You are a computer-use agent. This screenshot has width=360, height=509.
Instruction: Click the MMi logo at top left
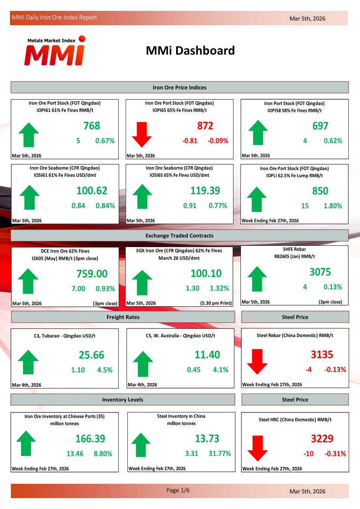55,50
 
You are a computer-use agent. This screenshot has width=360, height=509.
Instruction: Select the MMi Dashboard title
190,51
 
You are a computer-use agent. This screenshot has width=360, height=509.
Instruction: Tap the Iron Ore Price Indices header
180,87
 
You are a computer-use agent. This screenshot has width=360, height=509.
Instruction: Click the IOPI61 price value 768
92,126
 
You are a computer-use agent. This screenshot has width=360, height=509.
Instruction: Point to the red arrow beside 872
142,134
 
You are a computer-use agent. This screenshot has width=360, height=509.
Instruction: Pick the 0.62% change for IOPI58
333,141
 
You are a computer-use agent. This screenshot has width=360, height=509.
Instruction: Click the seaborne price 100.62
92,191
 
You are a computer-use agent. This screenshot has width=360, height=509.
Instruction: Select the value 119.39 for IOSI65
205,191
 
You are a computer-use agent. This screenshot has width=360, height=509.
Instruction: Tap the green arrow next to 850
257,199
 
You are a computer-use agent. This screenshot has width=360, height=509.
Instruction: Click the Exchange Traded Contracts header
180,236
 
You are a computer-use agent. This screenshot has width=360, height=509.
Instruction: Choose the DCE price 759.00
92,274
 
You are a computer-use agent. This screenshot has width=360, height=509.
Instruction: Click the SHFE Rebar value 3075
320,272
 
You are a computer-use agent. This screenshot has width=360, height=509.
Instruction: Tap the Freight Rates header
123,317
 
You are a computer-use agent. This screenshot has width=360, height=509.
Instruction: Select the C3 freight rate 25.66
92,355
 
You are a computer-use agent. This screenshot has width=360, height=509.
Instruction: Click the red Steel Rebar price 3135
322,355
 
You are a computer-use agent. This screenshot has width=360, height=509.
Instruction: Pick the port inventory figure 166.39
90,439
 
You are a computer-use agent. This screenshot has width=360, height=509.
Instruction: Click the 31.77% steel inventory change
220,454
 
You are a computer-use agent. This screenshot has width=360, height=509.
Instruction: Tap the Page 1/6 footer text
178,491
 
